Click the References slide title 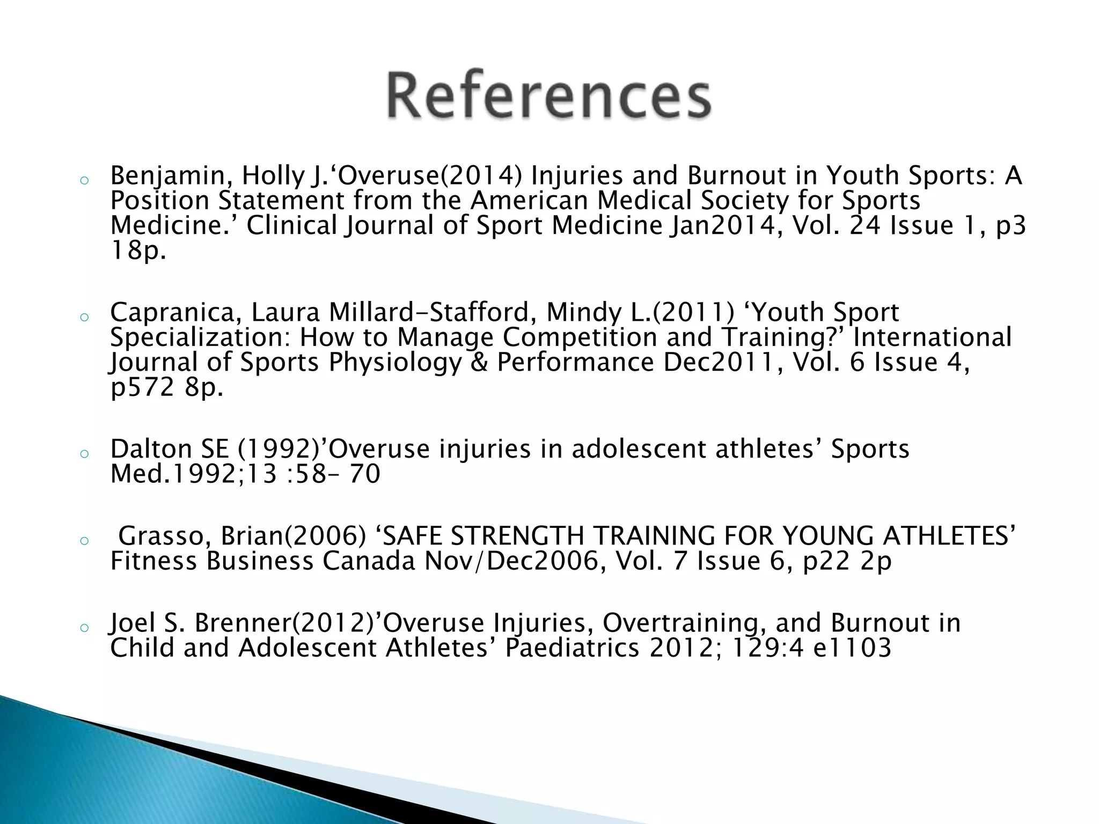[549, 95]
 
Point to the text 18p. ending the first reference [138, 251]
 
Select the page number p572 [142, 387]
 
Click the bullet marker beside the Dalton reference [83, 453]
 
